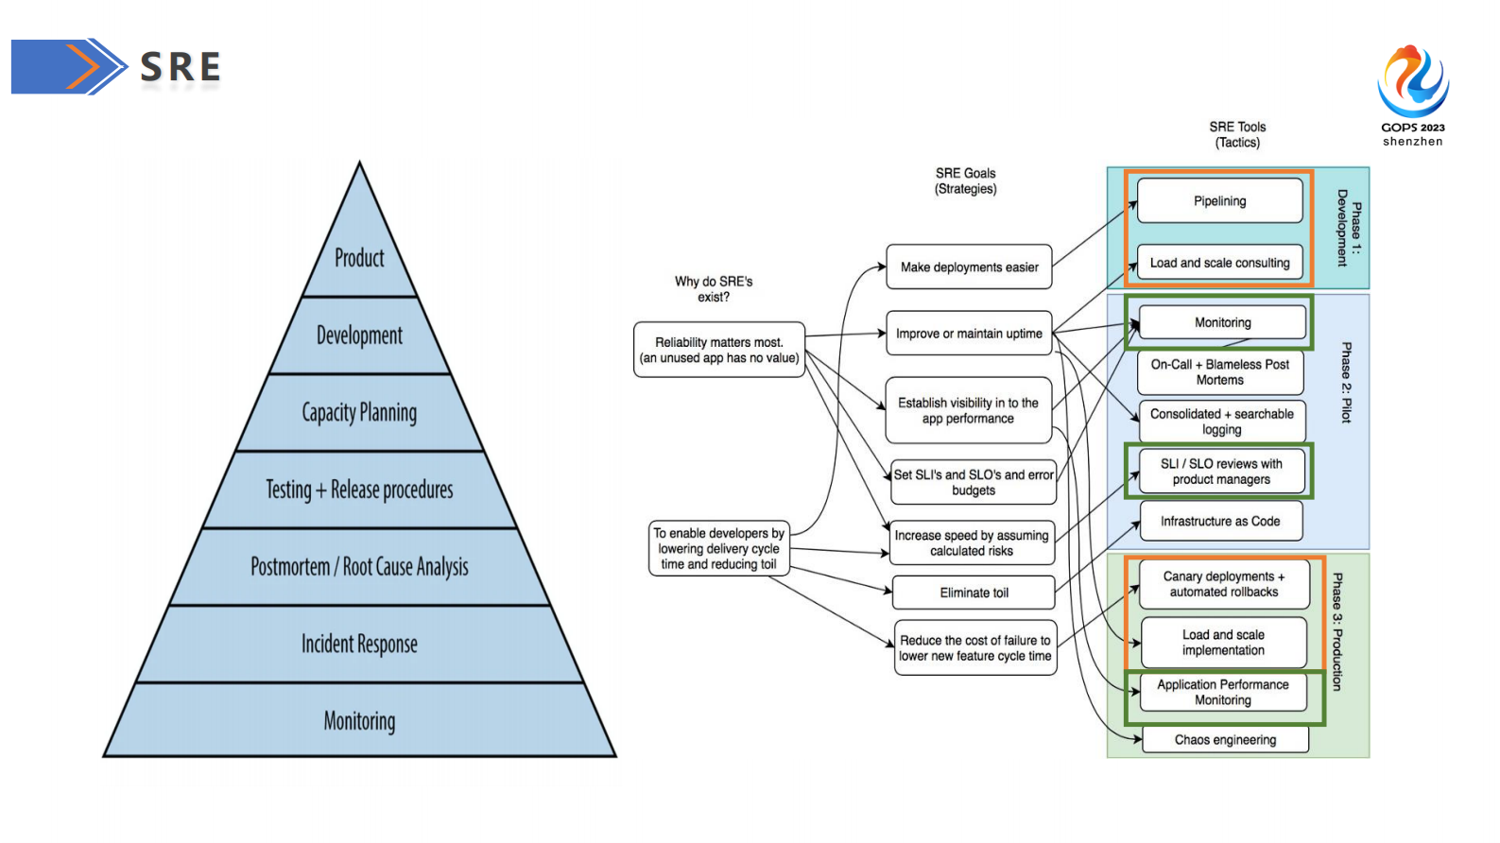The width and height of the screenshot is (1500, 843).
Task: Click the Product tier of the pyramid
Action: coord(359,258)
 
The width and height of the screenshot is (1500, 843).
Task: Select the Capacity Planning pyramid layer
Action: coord(359,413)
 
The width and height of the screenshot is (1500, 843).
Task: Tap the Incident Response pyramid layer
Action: coord(359,645)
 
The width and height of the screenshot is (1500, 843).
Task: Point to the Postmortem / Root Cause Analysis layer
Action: coord(359,567)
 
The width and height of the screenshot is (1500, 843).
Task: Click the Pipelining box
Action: coord(1219,201)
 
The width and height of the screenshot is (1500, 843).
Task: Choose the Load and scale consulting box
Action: coord(1219,263)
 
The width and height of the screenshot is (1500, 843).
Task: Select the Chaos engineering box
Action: coord(1225,740)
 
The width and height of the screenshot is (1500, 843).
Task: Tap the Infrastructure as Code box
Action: coord(1220,522)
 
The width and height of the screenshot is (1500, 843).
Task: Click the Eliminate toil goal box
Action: coord(974,593)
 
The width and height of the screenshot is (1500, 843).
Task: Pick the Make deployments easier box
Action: coord(969,267)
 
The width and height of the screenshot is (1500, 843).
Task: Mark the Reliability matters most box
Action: coord(719,350)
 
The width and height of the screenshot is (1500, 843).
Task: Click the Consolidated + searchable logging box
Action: coord(1222,421)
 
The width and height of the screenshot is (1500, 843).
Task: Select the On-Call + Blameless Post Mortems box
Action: coord(1220,372)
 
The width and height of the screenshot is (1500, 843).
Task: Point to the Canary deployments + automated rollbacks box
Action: coord(1224,584)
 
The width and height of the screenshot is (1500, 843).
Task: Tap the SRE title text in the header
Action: coord(181,67)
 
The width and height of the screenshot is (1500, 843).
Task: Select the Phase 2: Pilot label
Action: coord(1346,383)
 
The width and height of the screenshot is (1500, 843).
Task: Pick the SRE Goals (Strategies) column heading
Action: coord(965,181)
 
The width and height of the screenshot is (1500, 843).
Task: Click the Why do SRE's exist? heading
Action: coord(714,289)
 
